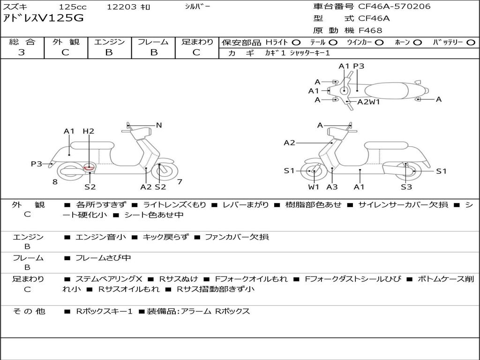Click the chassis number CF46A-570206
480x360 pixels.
click(394, 7)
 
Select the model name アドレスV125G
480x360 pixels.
click(43, 18)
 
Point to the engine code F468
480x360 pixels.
click(370, 30)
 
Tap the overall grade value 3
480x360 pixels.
click(22, 52)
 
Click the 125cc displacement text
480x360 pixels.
click(73, 7)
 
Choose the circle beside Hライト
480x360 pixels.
click(296, 43)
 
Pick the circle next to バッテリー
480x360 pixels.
click(471, 43)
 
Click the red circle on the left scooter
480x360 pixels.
click(89, 167)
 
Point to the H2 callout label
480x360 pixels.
click(88, 131)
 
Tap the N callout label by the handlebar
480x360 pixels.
click(159, 125)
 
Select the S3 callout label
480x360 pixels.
click(406, 187)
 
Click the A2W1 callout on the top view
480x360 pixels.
click(368, 102)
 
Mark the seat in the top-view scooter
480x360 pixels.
click(386, 91)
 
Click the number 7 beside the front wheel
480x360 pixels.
click(180, 182)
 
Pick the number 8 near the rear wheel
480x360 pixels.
click(55, 182)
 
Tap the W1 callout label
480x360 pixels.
click(314, 187)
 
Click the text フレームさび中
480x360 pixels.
click(103, 258)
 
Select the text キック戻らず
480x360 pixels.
click(165, 237)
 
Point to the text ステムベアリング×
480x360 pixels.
click(109, 279)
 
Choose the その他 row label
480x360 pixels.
click(29, 311)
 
